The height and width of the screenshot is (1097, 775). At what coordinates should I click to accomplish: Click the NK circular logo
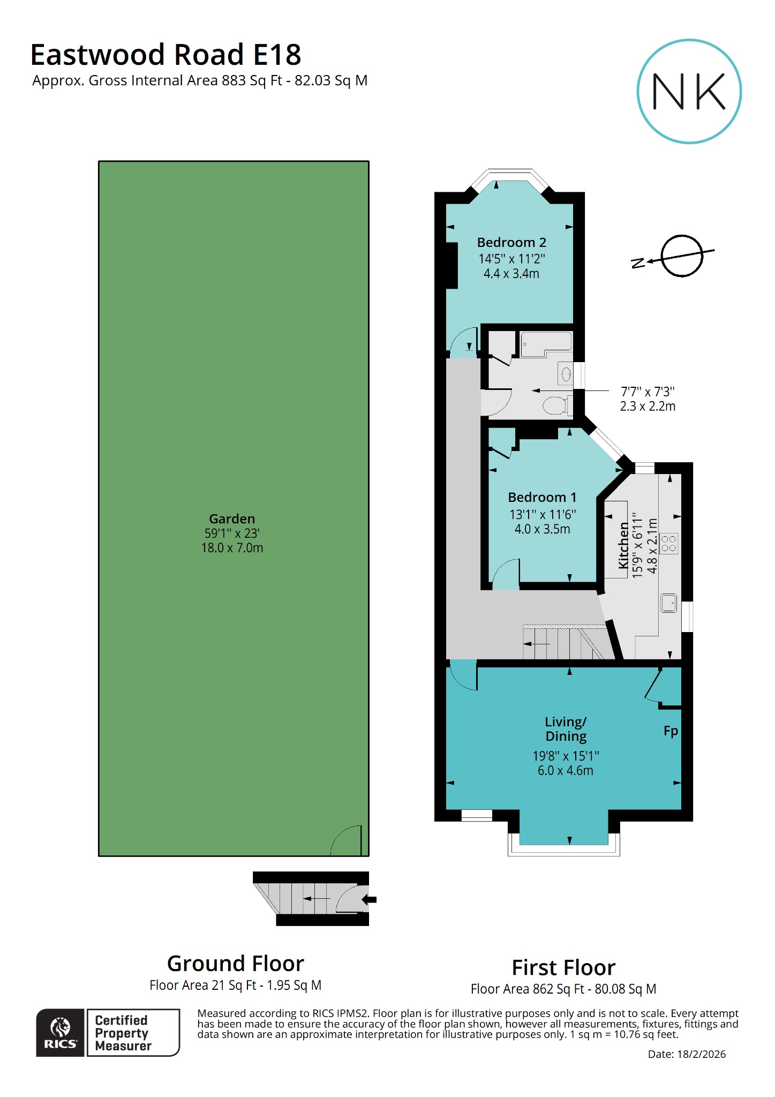tap(689, 91)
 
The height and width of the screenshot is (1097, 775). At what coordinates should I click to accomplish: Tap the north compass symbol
tap(681, 256)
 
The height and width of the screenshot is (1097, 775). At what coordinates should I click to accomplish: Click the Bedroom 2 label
tap(511, 243)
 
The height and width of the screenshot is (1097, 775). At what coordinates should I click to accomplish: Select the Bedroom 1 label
tap(542, 498)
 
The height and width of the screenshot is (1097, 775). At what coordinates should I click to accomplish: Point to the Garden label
tap(232, 519)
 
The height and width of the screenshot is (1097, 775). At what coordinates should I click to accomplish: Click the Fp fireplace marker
tap(671, 731)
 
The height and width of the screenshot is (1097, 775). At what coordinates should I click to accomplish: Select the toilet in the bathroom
tap(555, 405)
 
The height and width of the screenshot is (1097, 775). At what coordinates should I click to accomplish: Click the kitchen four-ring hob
tap(669, 543)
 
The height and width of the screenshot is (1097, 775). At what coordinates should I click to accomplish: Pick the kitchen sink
tap(668, 603)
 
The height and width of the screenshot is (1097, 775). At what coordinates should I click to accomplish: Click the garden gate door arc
tap(346, 840)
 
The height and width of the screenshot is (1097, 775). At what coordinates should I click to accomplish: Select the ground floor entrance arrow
tap(370, 900)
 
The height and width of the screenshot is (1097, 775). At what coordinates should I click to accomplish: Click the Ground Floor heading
tap(235, 964)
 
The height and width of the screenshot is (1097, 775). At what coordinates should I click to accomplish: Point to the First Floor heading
tap(563, 968)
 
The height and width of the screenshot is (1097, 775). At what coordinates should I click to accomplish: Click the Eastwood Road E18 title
tap(165, 55)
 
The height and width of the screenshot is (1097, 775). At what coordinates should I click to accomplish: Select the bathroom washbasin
tap(566, 373)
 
